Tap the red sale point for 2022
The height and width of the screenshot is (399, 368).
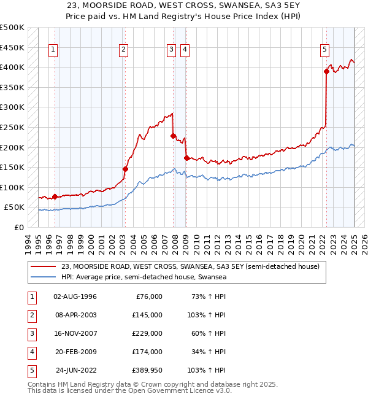pos(326,72)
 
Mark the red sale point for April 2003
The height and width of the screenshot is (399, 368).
pos(125,169)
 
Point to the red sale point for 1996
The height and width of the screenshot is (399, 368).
pos(55,197)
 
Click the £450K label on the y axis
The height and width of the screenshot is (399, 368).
pos(12,47)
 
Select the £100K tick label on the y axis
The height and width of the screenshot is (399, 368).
pos(12,187)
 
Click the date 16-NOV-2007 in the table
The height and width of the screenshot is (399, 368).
pos(75,333)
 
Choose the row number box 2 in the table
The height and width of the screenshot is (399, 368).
pos(31,315)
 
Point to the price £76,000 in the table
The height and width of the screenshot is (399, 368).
pos(148,296)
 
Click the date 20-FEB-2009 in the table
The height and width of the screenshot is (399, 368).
pos(75,352)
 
